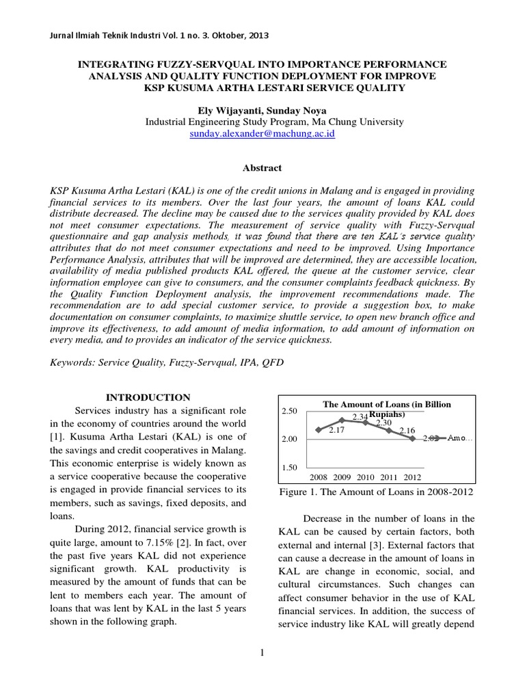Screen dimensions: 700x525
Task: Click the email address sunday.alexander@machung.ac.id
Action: (262, 135)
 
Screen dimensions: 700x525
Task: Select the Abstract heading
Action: (262, 167)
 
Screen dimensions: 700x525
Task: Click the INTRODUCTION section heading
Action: (150, 397)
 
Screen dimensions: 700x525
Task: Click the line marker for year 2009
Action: (342, 420)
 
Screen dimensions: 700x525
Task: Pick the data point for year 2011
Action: (388, 430)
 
